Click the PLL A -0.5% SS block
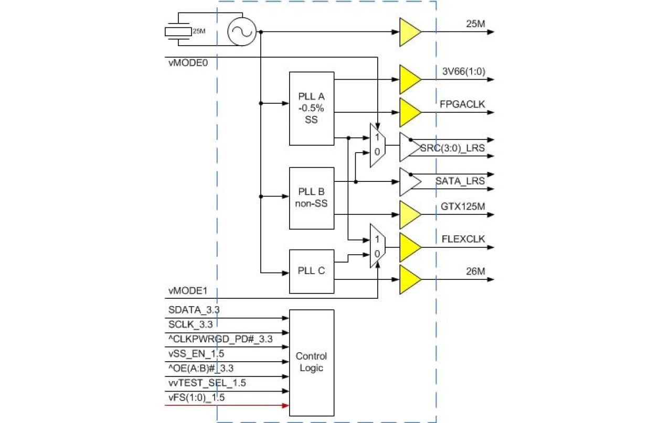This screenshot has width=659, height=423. point(312,109)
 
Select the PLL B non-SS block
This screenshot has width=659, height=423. point(312,198)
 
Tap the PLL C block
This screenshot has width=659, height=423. point(312,271)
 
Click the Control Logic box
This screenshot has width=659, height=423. point(312,362)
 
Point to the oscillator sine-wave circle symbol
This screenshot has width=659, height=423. point(241,31)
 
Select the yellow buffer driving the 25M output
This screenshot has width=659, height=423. point(410,32)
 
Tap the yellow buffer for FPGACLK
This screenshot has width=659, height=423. point(410,112)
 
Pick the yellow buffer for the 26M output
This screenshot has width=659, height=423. point(410,279)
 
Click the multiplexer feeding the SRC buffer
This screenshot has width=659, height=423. point(377,145)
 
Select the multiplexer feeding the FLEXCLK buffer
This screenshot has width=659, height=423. point(377,246)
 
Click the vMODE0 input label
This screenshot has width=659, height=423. point(186,62)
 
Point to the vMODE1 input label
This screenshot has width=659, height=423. point(186,290)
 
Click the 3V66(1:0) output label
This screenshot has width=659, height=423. point(463,72)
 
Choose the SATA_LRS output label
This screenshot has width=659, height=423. point(460,181)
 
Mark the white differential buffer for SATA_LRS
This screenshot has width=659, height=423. point(410,181)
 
